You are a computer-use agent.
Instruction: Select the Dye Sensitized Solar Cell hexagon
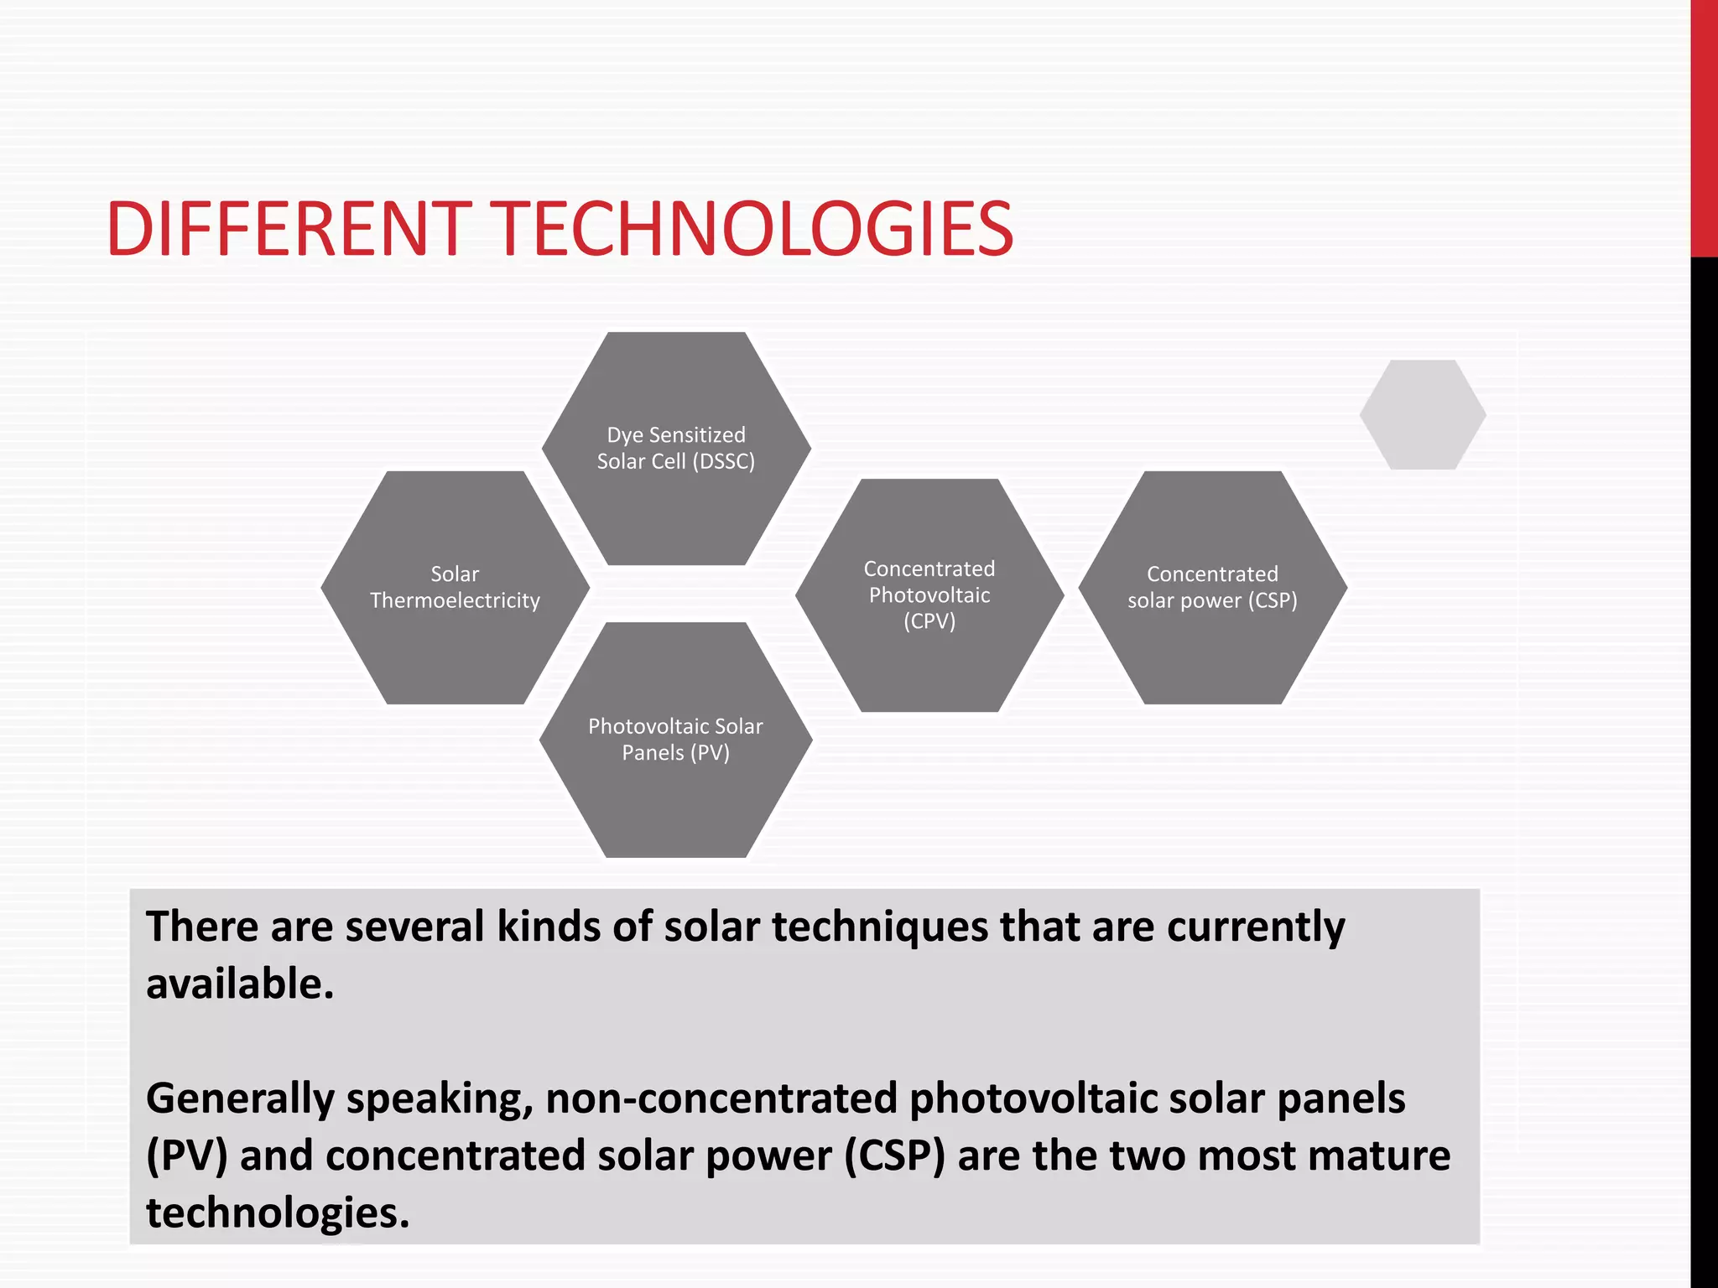pyautogui.click(x=676, y=495)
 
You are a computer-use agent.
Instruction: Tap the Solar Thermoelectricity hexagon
pyautogui.click(x=455, y=646)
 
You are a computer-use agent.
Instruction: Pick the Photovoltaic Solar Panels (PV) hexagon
pyautogui.click(x=676, y=797)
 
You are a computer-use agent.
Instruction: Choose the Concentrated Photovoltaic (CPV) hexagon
pyautogui.click(x=929, y=662)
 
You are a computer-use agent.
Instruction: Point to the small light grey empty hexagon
pyautogui.click(x=1423, y=414)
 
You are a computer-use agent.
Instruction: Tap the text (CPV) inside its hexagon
pyautogui.click(x=929, y=621)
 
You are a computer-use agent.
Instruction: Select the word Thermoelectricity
pyautogui.click(x=455, y=600)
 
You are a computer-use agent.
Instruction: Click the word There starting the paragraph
pyautogui.click(x=201, y=927)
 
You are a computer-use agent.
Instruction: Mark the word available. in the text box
pyautogui.click(x=240, y=984)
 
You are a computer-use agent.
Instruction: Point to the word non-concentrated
pyautogui.click(x=721, y=1099)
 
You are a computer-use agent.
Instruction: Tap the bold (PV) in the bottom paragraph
pyautogui.click(x=186, y=1156)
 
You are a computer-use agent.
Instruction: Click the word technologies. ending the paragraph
pyautogui.click(x=278, y=1213)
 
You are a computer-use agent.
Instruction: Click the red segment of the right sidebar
pyautogui.click(x=1704, y=126)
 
